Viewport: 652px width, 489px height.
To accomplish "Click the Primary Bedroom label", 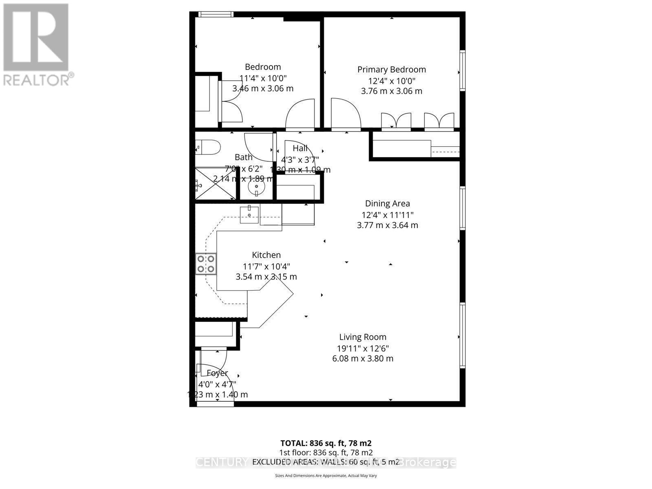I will (392, 70).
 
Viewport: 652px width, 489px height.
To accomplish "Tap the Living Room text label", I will (363, 337).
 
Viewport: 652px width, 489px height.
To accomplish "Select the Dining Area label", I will (387, 203).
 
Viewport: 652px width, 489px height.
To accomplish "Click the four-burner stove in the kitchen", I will (206, 263).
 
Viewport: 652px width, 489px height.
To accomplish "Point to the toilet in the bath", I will (207, 147).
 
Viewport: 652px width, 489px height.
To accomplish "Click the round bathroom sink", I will (256, 189).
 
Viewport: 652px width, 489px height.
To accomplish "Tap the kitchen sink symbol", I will (249, 214).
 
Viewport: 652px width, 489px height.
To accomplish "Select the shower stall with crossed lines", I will (215, 184).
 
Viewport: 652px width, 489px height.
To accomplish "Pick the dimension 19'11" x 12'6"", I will (363, 348).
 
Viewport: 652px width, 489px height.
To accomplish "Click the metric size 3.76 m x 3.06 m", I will (392, 91).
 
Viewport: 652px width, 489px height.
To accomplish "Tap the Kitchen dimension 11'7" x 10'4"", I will (267, 267).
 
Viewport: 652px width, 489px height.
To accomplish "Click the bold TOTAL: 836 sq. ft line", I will (326, 443).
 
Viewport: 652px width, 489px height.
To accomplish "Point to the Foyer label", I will (217, 373).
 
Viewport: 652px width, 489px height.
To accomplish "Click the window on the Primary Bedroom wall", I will (463, 70).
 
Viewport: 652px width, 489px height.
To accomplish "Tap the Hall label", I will (300, 148).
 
